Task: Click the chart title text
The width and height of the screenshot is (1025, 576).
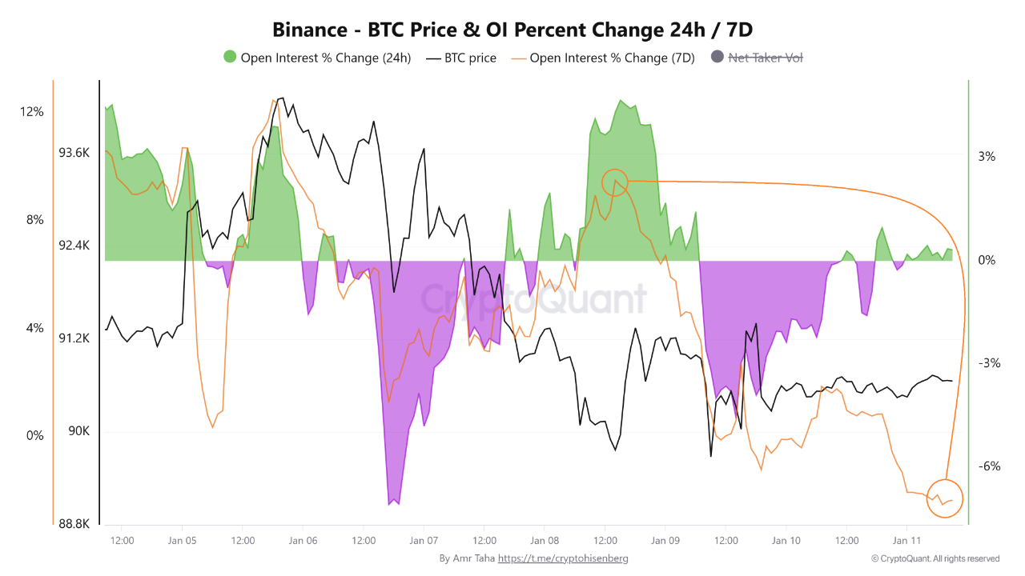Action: [512, 30]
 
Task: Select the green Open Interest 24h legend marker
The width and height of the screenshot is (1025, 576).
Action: [231, 58]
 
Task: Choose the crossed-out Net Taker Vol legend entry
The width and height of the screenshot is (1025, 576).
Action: [765, 58]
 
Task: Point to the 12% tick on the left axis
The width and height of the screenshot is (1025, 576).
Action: [32, 112]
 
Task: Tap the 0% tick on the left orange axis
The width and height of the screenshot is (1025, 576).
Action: [34, 436]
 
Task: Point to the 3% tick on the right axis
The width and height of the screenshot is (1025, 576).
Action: [987, 157]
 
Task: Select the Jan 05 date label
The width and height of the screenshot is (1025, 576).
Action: [183, 540]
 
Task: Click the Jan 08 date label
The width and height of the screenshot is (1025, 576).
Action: [545, 540]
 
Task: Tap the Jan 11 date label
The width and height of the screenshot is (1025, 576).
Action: [906, 540]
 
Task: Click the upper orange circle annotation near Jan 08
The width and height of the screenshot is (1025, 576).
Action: [614, 182]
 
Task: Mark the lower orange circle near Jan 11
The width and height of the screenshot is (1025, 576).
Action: [945, 498]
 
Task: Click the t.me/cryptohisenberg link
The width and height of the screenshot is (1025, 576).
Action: [563, 558]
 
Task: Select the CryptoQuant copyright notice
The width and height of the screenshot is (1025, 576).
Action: [935, 558]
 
